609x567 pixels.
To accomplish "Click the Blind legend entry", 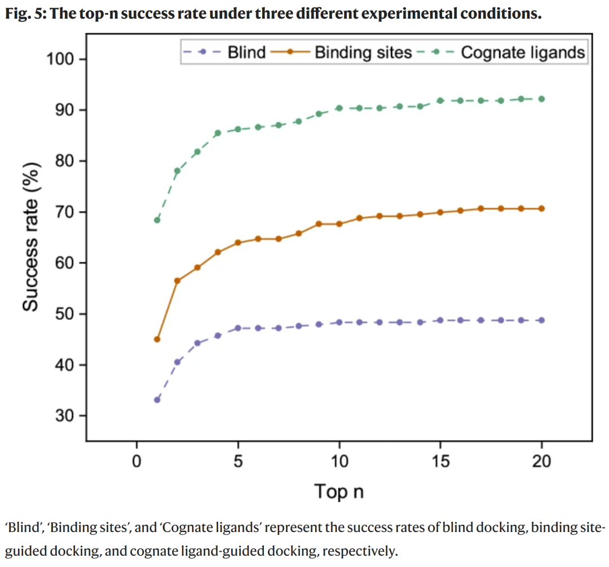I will pyautogui.click(x=246, y=53).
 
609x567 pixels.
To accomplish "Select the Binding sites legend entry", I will pyautogui.click(x=363, y=53).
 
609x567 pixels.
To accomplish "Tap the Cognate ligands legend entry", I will pyautogui.click(x=523, y=53).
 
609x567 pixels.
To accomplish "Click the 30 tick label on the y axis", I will pyautogui.click(x=67, y=416).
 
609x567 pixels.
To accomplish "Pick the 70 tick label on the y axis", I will pyautogui.click(x=67, y=212).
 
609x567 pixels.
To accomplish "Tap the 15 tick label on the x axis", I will pyautogui.click(x=440, y=461).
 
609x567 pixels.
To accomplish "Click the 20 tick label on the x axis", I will pyautogui.click(x=542, y=461).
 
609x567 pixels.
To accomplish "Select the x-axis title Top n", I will pyautogui.click(x=339, y=491).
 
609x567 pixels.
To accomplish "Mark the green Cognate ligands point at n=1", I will pyautogui.click(x=157, y=220).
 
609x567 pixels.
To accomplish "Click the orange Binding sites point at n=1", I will pyautogui.click(x=157, y=339).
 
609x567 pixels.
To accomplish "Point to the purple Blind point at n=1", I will pyautogui.click(x=157, y=400).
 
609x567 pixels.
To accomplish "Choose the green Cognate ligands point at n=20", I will pyautogui.click(x=542, y=99).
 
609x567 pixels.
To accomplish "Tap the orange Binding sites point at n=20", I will pyautogui.click(x=542, y=209).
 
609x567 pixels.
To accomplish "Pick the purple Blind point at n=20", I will pyautogui.click(x=542, y=320).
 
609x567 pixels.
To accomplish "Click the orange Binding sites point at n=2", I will pyautogui.click(x=177, y=280).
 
